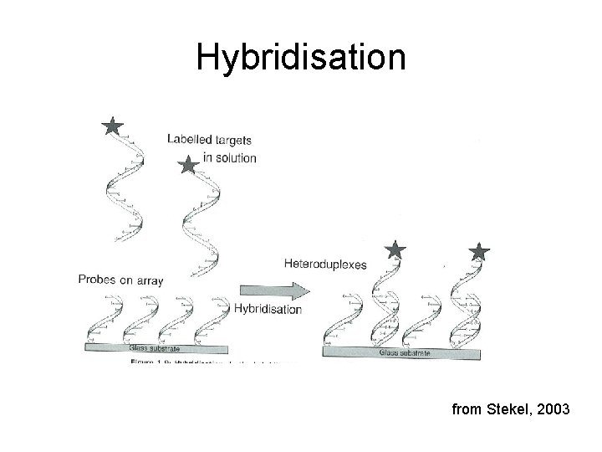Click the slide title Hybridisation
point(301,58)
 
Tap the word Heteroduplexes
point(325,264)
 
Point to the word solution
point(235,157)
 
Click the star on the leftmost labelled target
point(112,126)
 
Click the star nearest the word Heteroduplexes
point(395,249)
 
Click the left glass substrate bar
point(159,347)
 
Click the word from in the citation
point(466,410)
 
